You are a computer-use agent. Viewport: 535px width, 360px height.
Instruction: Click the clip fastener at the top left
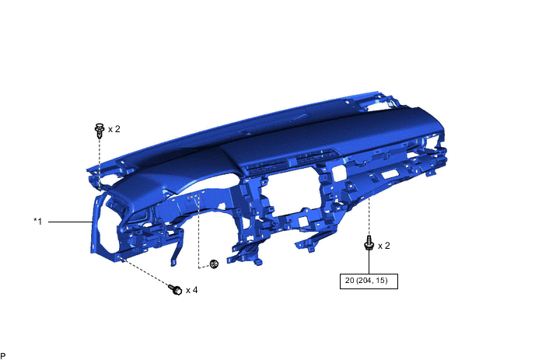coord(100,131)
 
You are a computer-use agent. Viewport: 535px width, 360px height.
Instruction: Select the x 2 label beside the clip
coord(114,129)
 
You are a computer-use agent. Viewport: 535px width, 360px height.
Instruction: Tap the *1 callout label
coord(38,222)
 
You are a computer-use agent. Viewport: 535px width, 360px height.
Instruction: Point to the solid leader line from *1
coord(71,222)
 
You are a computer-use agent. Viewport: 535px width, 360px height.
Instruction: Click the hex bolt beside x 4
coord(176,289)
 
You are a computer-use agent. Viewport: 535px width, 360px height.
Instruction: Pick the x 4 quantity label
coord(192,290)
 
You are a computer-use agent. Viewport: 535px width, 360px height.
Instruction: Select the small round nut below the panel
coord(214,264)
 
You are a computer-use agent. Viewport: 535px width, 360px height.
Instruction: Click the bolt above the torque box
coord(369,243)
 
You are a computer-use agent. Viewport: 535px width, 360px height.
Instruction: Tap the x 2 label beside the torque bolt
coord(384,246)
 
